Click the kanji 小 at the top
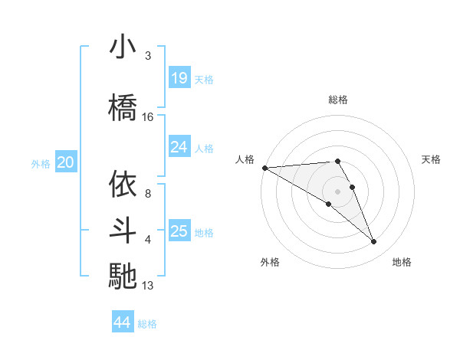tap(123, 47)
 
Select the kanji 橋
tap(123, 107)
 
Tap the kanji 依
tap(123, 184)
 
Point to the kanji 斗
tap(123, 230)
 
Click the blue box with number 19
tap(179, 78)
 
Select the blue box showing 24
tap(179, 148)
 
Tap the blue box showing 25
tap(179, 232)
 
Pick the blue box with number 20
tap(66, 162)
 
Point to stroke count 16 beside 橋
tap(148, 116)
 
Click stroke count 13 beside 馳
tap(148, 286)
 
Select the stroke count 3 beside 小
tap(147, 56)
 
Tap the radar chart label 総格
tap(337, 100)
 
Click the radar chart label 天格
tap(432, 159)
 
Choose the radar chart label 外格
tap(270, 262)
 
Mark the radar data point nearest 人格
tap(264, 167)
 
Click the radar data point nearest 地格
tap(374, 242)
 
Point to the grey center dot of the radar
tap(337, 191)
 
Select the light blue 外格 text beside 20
tap(41, 163)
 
